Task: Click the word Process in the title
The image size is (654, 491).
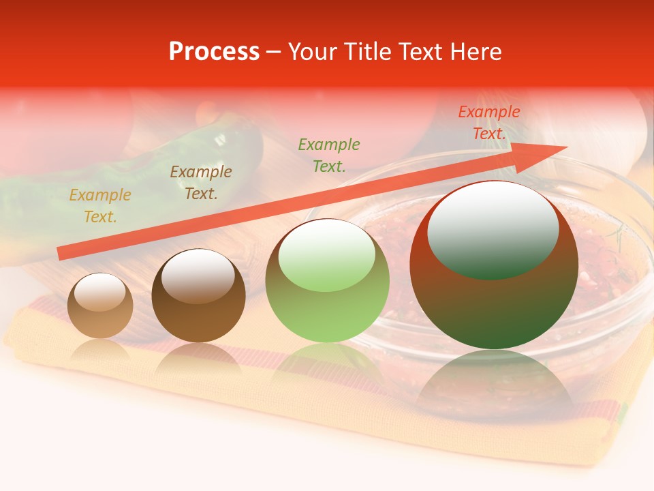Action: click(214, 52)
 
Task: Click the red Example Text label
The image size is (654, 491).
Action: click(488, 123)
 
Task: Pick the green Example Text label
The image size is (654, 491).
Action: click(328, 155)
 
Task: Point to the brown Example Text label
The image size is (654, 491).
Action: click(200, 183)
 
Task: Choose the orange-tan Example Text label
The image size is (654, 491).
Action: click(99, 206)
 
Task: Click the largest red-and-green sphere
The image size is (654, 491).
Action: click(494, 300)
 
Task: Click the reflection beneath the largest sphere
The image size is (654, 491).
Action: click(495, 382)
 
